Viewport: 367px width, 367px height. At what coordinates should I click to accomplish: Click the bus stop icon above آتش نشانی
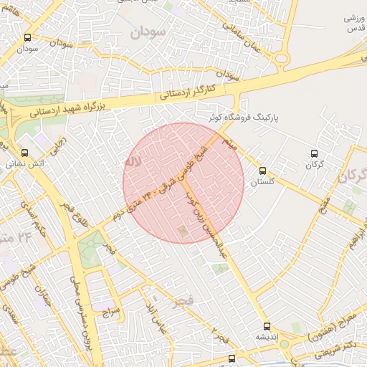25,153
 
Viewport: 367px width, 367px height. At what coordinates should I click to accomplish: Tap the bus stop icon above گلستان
262,171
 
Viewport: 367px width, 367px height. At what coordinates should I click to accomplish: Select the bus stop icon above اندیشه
267,325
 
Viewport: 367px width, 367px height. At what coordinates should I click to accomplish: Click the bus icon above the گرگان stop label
314,153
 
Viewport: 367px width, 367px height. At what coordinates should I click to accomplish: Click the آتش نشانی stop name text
25,165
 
